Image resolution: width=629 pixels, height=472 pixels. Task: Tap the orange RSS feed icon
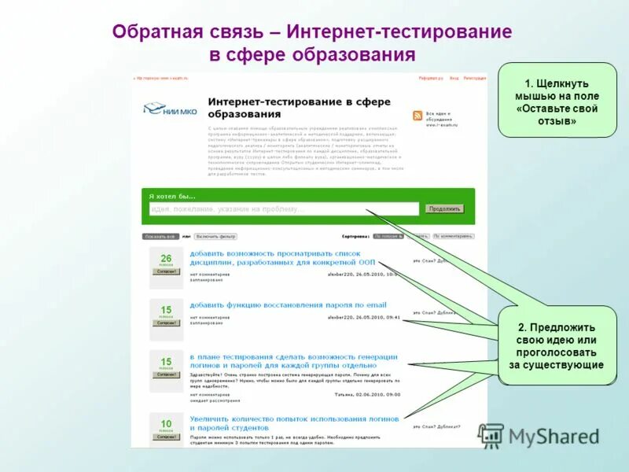pyautogui.click(x=417, y=116)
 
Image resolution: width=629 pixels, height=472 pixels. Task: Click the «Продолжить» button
pyautogui.click(x=444, y=209)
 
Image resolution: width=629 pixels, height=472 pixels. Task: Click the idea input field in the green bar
pyautogui.click(x=284, y=209)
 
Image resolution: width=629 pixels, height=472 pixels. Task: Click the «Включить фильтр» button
pyautogui.click(x=215, y=236)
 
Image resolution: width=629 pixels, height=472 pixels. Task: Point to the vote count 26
pyautogui.click(x=166, y=258)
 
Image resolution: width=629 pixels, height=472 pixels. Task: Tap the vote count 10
pyautogui.click(x=166, y=424)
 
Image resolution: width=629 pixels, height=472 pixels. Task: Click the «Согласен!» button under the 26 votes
pyautogui.click(x=166, y=271)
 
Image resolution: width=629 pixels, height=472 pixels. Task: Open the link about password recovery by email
pyautogui.click(x=288, y=304)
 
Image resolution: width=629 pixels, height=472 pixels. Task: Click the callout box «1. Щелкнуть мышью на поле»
pyautogui.click(x=557, y=101)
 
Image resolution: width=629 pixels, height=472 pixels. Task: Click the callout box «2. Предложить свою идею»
pyautogui.click(x=557, y=346)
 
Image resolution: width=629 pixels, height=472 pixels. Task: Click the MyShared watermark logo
pyautogui.click(x=538, y=436)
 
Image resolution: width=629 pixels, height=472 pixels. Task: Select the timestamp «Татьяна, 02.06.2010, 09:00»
pyautogui.click(x=367, y=394)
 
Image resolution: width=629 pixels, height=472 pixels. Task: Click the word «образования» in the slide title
pyautogui.click(x=354, y=55)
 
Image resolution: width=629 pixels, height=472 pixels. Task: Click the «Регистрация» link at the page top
pyautogui.click(x=475, y=78)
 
